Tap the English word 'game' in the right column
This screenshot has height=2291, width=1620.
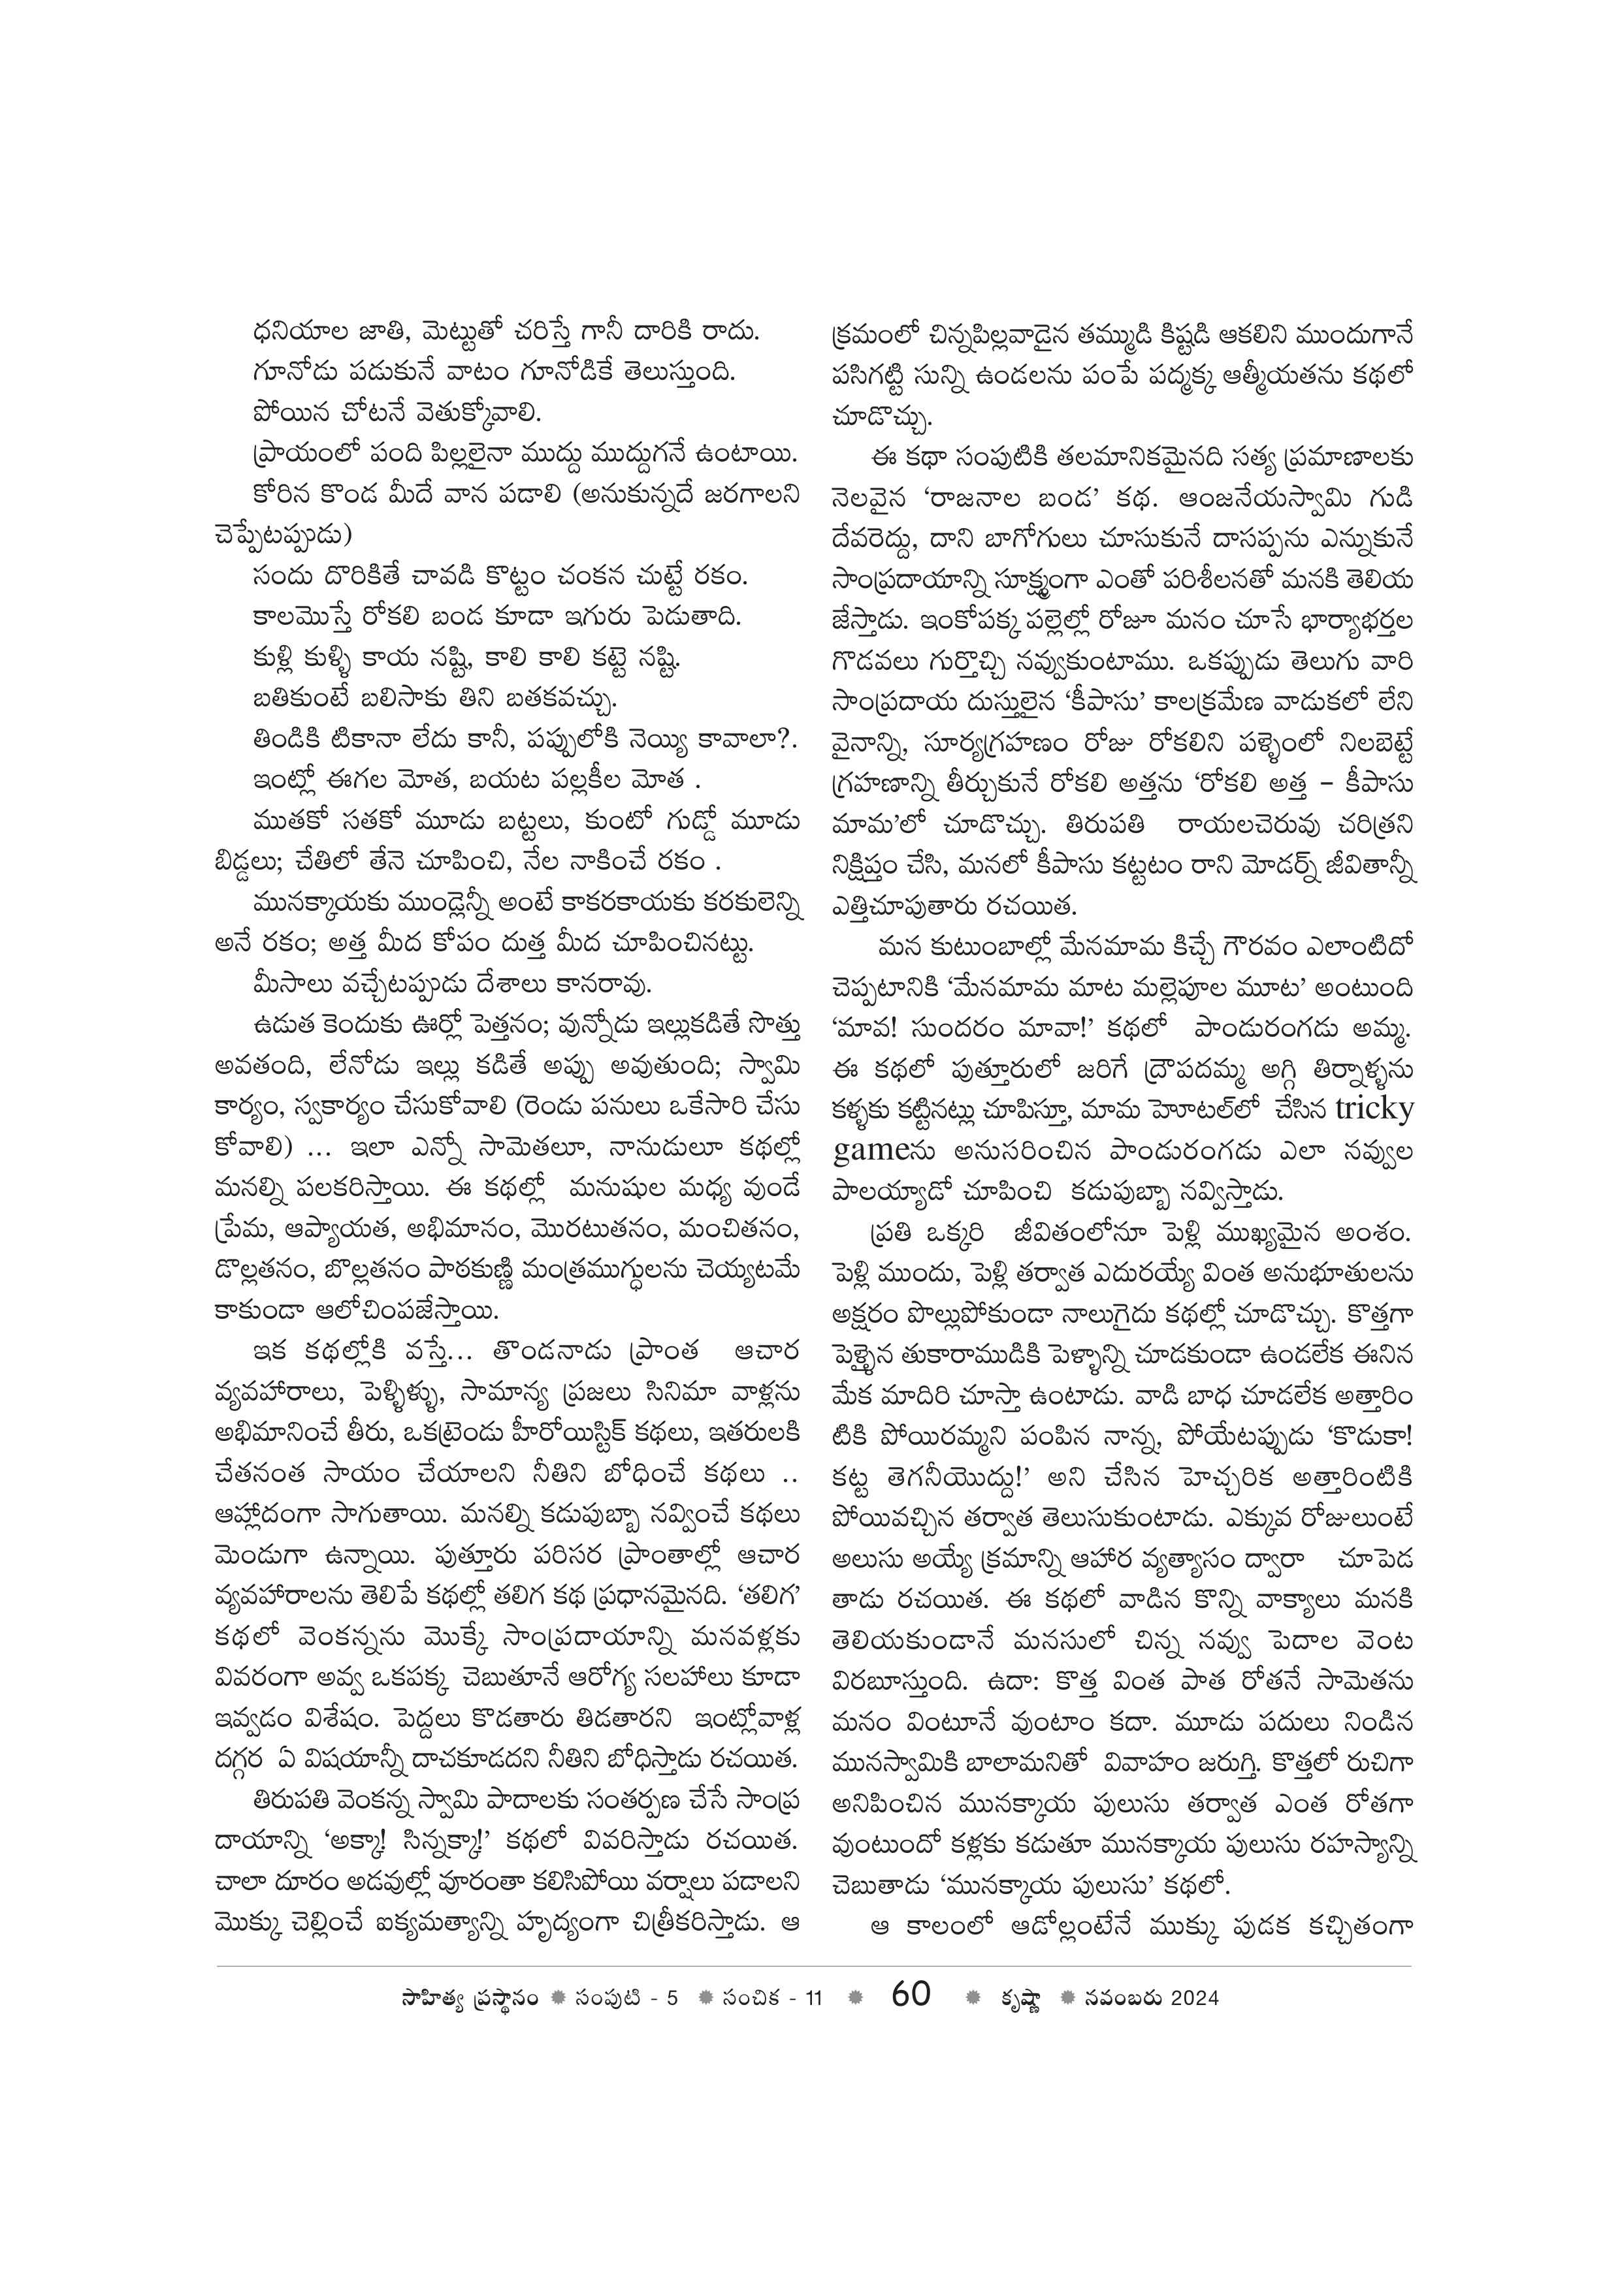pyautogui.click(x=867, y=1150)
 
